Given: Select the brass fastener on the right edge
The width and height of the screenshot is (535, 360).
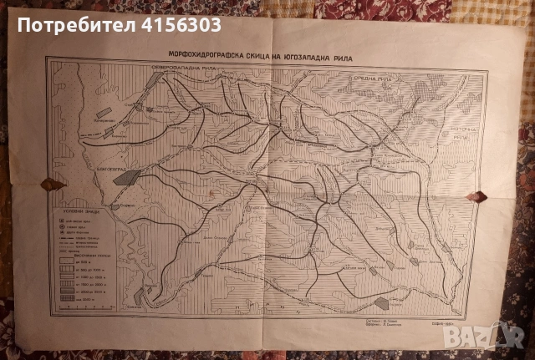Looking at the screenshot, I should click(x=480, y=196).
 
